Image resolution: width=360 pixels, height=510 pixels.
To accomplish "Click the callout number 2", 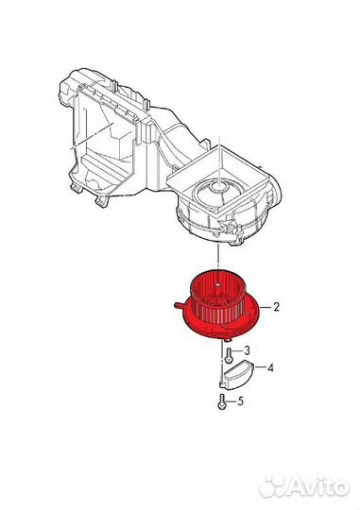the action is point(276,307).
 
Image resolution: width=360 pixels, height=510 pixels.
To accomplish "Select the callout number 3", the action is point(247,350).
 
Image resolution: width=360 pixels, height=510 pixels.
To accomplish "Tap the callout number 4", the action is point(270,368).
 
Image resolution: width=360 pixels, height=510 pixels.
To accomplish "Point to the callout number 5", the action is point(240,401).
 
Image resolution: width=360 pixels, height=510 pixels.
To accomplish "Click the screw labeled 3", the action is point(228,354).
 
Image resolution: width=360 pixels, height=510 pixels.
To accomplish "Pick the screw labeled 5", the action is point(221,401).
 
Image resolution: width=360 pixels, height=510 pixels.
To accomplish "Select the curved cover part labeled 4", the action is point(237,374).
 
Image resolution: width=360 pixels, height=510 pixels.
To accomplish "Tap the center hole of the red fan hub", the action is point(217,285).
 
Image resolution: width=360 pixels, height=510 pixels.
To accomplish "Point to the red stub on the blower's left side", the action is point(180,305).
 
